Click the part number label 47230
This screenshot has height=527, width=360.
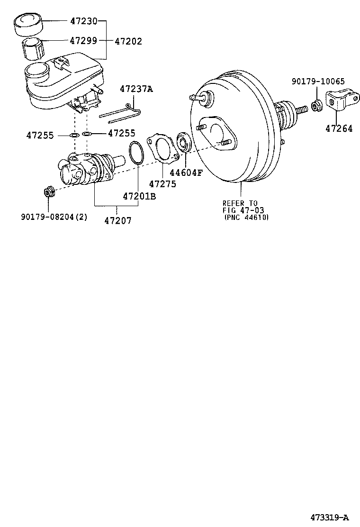[x=83, y=21]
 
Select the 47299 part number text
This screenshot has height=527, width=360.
[x=83, y=41]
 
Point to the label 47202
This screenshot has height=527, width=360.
[x=128, y=41]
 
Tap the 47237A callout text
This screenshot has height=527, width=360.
[x=136, y=89]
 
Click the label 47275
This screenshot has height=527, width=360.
[x=162, y=184]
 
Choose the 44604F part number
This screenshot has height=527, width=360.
[x=186, y=173]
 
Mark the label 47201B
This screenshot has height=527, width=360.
[x=139, y=196]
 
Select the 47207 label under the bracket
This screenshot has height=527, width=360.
[x=118, y=220]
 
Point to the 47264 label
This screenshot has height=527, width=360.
[x=339, y=127]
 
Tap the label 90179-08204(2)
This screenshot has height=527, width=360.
[x=54, y=217]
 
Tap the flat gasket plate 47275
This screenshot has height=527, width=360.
[x=161, y=150]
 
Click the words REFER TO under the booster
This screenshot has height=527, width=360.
[x=240, y=203]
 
